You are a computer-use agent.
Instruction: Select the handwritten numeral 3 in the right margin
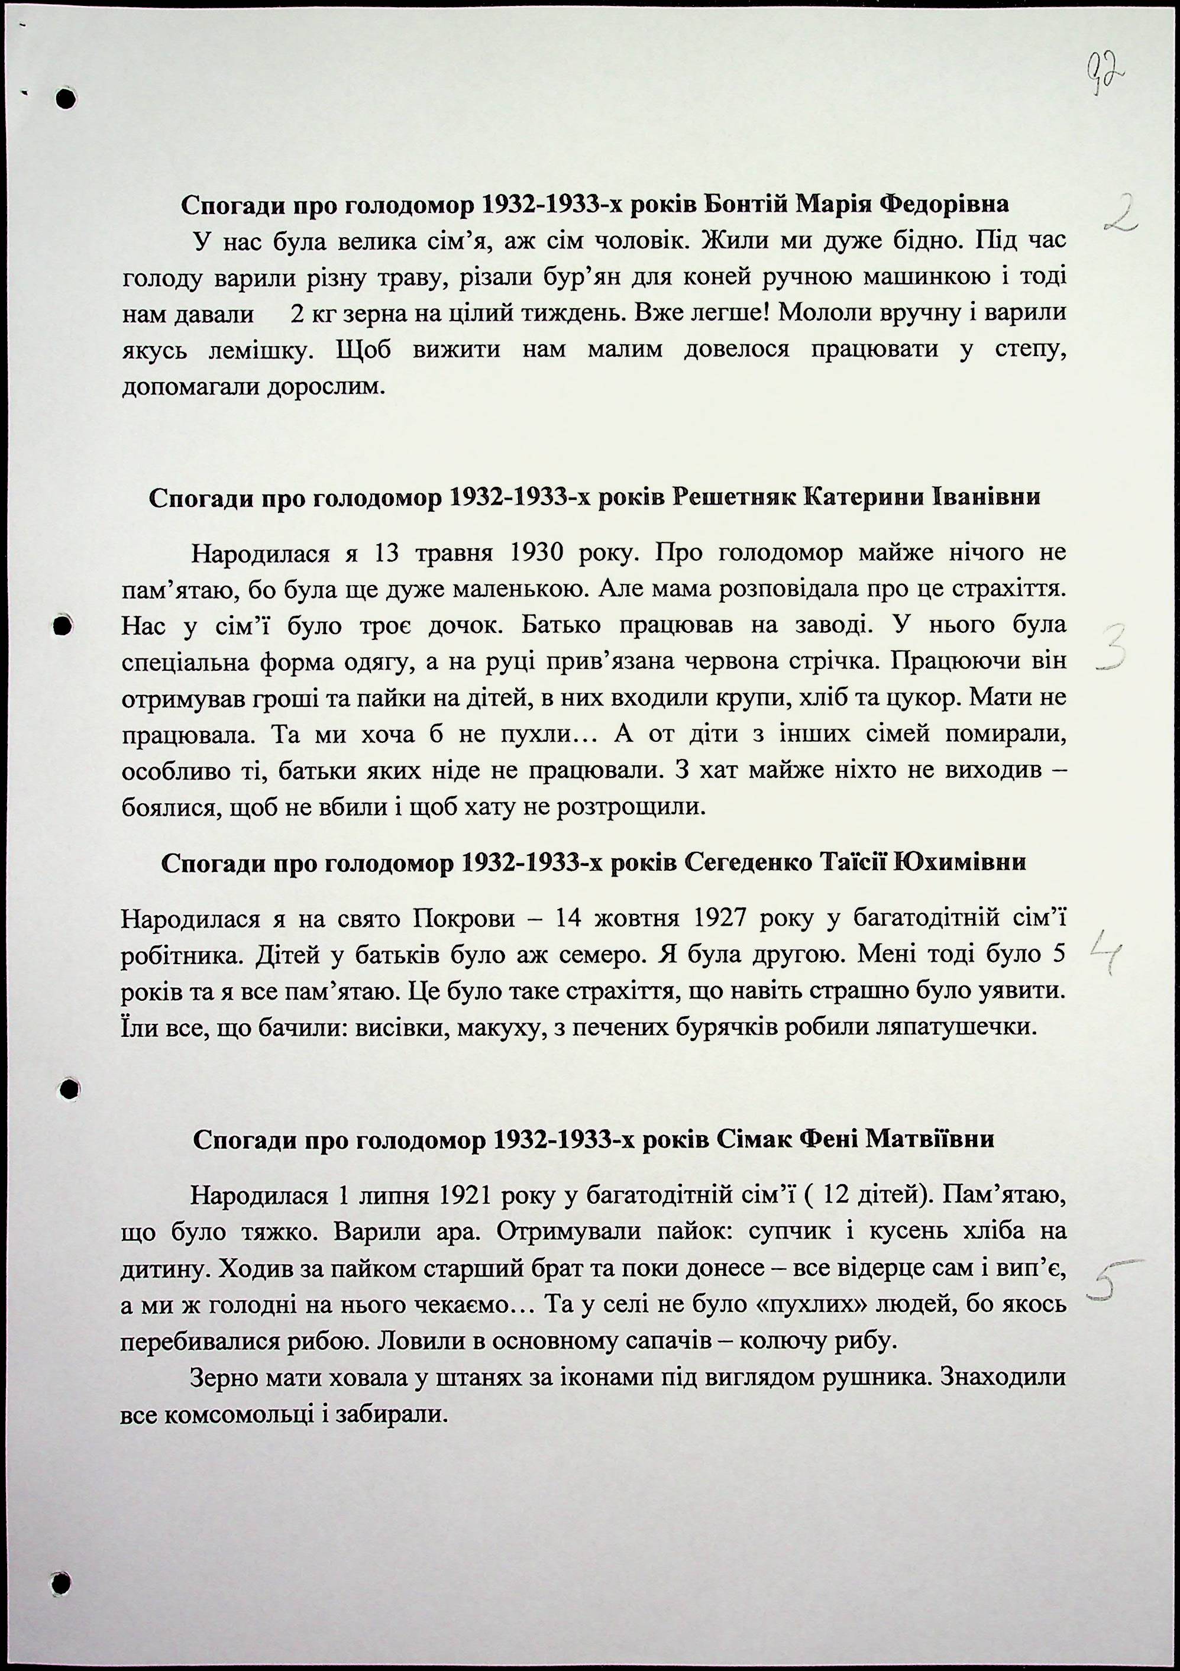[1113, 647]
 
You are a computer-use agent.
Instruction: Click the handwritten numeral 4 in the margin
[1107, 950]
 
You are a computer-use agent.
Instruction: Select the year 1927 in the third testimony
[720, 919]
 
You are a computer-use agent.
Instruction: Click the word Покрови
[464, 919]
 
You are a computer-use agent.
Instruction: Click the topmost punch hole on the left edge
[66, 98]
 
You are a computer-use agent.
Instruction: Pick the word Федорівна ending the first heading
[944, 205]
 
